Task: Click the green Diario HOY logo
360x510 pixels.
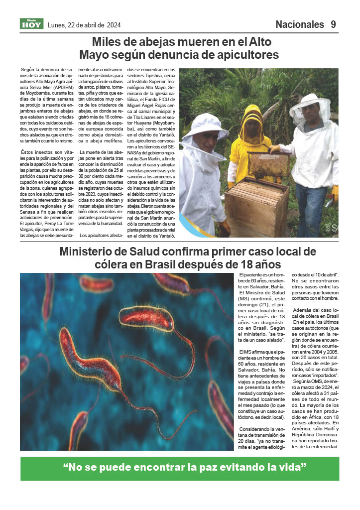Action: [x=32, y=23]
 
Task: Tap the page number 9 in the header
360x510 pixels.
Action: [x=333, y=24]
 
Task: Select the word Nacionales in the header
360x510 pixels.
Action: [x=299, y=24]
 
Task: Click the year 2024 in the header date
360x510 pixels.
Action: [x=113, y=25]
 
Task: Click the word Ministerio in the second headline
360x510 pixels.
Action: [x=92, y=252]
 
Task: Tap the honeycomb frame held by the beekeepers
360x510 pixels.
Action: [x=269, y=164]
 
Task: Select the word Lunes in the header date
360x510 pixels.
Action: [x=57, y=25]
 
